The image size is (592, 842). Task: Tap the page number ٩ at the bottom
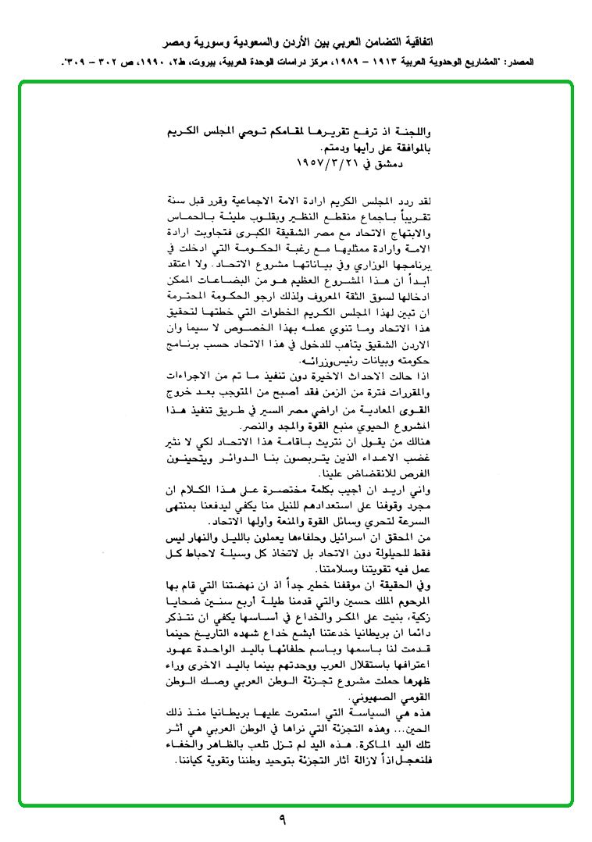click(x=282, y=821)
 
